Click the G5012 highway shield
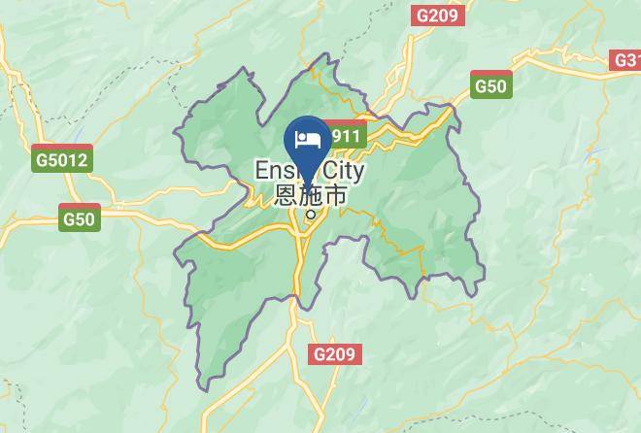tap(61, 160)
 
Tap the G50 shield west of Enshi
tap(79, 218)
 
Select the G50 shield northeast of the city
tap(490, 85)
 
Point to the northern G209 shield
tap(440, 16)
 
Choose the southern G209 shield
tap(335, 354)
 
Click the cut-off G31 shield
tap(626, 60)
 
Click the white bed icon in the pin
tap(309, 139)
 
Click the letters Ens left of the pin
tap(272, 171)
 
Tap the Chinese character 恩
tap(287, 195)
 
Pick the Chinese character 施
tap(311, 195)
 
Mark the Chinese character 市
tap(334, 195)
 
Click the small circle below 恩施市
tap(311, 215)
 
